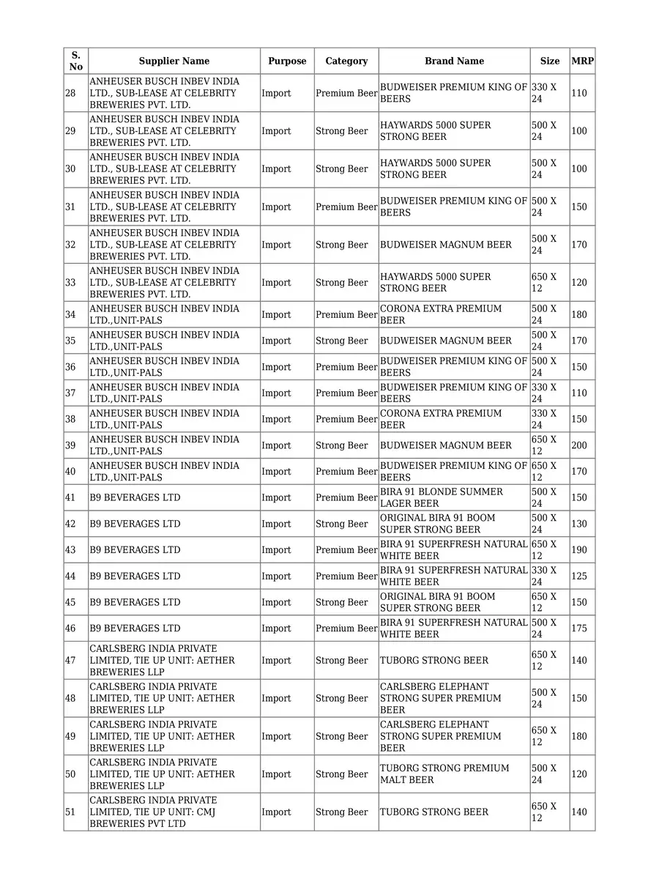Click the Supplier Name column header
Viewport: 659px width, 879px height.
174,61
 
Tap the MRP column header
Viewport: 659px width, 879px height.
582,61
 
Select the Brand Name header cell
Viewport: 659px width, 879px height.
454,61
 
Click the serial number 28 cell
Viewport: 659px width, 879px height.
70,93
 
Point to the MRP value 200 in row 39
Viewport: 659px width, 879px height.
579,445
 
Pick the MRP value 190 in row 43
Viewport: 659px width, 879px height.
579,550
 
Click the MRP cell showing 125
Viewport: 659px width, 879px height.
579,576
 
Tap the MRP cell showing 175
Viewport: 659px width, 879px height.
579,628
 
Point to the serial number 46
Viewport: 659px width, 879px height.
70,628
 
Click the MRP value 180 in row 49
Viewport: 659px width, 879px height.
579,736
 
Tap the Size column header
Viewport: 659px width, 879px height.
550,61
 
